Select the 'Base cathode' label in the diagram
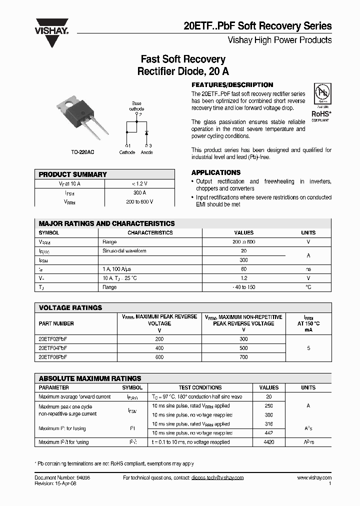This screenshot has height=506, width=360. coord(136,105)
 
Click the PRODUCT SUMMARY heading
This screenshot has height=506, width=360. coord(73,174)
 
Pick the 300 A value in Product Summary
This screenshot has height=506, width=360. coord(139,192)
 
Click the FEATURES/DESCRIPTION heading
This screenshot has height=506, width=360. coord(232,85)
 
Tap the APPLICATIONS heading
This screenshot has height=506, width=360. coord(216,172)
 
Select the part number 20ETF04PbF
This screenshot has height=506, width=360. coord(53,348)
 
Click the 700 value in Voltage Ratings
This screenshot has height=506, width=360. coord(243,357)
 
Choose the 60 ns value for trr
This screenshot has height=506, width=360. coord(244,269)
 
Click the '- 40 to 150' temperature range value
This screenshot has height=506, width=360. coord(244,287)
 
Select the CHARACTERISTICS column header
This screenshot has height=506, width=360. coord(150,232)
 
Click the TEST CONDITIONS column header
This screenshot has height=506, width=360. coord(200,387)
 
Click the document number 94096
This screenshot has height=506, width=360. coord(82,478)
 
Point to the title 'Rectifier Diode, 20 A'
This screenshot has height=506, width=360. coord(183,71)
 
